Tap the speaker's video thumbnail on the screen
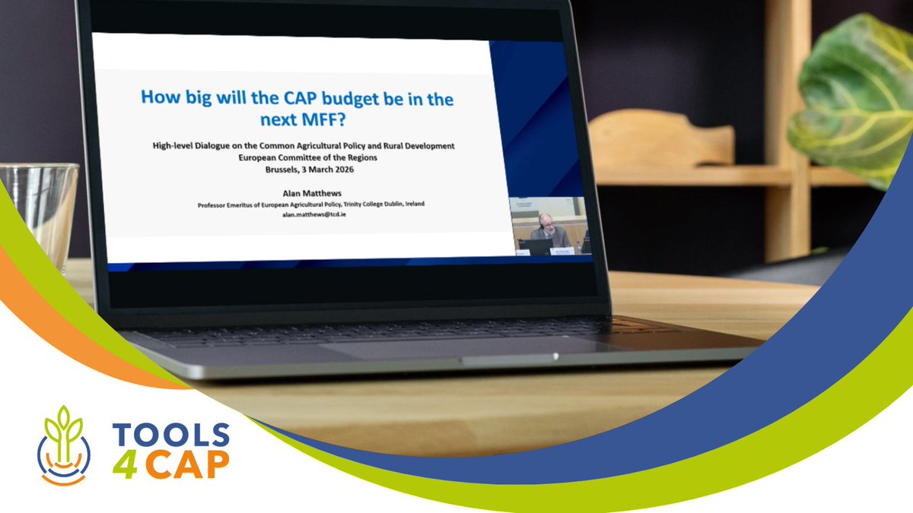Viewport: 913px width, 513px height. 549,226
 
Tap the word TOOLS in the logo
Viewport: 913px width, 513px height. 170,435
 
